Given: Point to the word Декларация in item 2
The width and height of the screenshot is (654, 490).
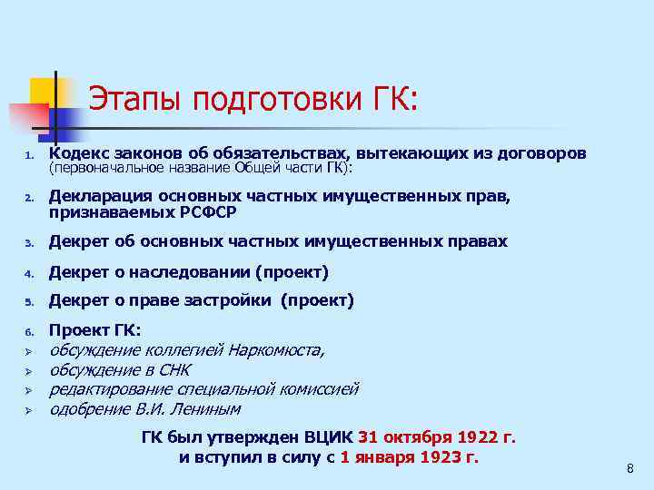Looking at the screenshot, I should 101,195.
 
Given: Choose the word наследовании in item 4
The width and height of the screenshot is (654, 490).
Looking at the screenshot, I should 193,271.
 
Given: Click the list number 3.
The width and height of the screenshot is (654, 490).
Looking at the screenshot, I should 28,243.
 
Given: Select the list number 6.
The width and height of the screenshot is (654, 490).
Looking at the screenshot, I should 28,331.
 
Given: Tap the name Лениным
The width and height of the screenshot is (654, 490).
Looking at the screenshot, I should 211,409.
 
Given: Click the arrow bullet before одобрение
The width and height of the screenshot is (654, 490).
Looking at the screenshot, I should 28,410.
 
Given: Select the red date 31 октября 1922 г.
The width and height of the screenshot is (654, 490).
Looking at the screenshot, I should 437,437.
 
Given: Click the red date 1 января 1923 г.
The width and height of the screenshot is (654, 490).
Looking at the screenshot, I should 409,456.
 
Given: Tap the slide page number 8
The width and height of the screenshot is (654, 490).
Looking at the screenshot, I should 629,468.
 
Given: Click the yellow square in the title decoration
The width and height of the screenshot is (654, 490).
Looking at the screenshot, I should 42,90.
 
